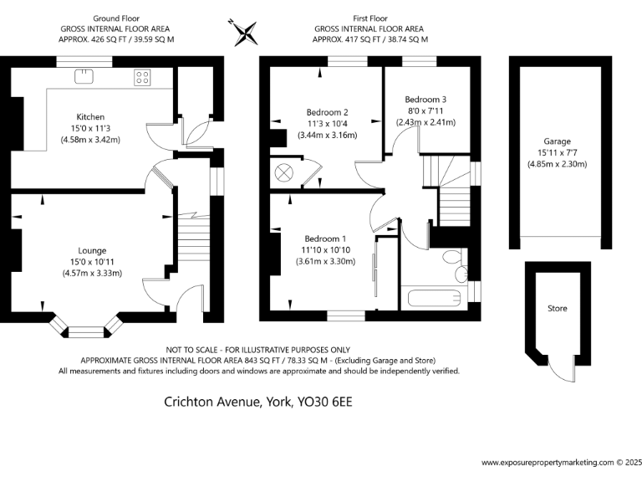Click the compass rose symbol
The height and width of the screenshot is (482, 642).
(x=246, y=31)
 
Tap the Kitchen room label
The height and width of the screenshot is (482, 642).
(x=90, y=116)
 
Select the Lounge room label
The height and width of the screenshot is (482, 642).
(x=92, y=250)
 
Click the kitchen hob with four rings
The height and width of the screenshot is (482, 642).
(x=143, y=77)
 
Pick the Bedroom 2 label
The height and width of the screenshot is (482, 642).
(x=327, y=112)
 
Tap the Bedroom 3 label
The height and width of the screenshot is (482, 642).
(x=425, y=99)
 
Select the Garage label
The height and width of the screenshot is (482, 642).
(x=557, y=141)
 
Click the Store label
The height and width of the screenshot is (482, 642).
(x=557, y=309)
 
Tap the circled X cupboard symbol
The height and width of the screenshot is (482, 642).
(x=284, y=172)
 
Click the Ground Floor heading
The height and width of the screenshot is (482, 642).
(x=116, y=18)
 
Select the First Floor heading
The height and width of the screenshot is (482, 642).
(x=370, y=18)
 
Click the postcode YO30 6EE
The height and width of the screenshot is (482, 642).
(x=325, y=402)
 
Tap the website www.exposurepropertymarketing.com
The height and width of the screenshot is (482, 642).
(x=548, y=462)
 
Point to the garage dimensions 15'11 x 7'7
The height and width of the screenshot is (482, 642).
(x=557, y=153)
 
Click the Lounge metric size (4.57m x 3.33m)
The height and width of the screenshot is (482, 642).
(x=92, y=274)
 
